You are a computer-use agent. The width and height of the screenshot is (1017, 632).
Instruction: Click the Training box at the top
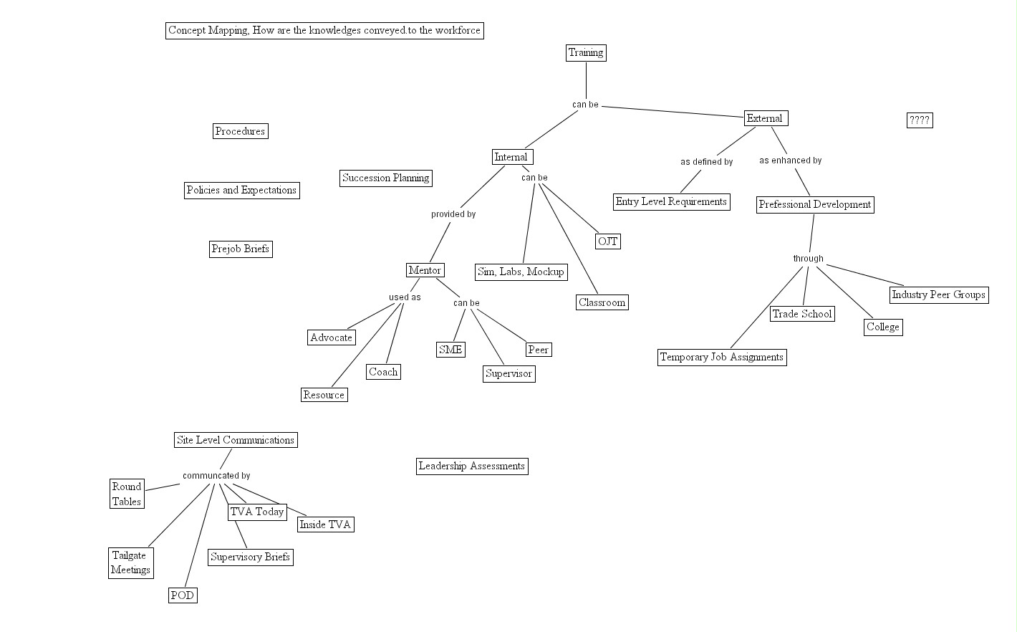tap(586, 52)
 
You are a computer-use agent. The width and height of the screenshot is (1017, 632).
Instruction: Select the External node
tap(766, 118)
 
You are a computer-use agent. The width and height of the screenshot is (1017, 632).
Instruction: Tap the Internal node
tap(512, 157)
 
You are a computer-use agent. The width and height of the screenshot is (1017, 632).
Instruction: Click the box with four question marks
tap(919, 120)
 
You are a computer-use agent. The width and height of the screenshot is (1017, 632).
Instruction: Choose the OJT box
tap(607, 241)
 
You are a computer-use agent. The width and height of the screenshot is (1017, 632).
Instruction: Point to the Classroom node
tap(602, 302)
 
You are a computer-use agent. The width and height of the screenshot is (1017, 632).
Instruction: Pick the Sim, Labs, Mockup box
tap(521, 272)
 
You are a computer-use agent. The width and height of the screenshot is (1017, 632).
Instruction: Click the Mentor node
tap(425, 270)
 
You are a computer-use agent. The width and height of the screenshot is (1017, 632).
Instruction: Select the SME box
tap(450, 350)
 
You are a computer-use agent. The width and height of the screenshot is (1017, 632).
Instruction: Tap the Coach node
tap(383, 372)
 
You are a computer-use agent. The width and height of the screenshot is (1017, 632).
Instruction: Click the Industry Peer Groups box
tap(938, 295)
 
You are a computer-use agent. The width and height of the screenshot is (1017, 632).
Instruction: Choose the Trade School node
tap(801, 314)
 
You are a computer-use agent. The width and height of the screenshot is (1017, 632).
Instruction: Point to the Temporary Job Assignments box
tap(722, 357)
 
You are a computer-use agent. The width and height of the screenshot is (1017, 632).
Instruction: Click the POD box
tap(182, 595)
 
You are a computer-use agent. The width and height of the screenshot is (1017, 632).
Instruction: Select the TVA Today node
tap(257, 512)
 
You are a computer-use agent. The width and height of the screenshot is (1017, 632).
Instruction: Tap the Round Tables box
tap(127, 494)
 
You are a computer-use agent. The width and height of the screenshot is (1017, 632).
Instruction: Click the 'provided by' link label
tap(453, 214)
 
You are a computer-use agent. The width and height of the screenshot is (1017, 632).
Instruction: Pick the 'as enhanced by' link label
tap(791, 161)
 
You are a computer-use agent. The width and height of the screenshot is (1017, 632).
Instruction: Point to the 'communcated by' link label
tap(216, 476)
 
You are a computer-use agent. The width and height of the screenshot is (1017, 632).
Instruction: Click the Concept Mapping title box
tap(324, 30)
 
